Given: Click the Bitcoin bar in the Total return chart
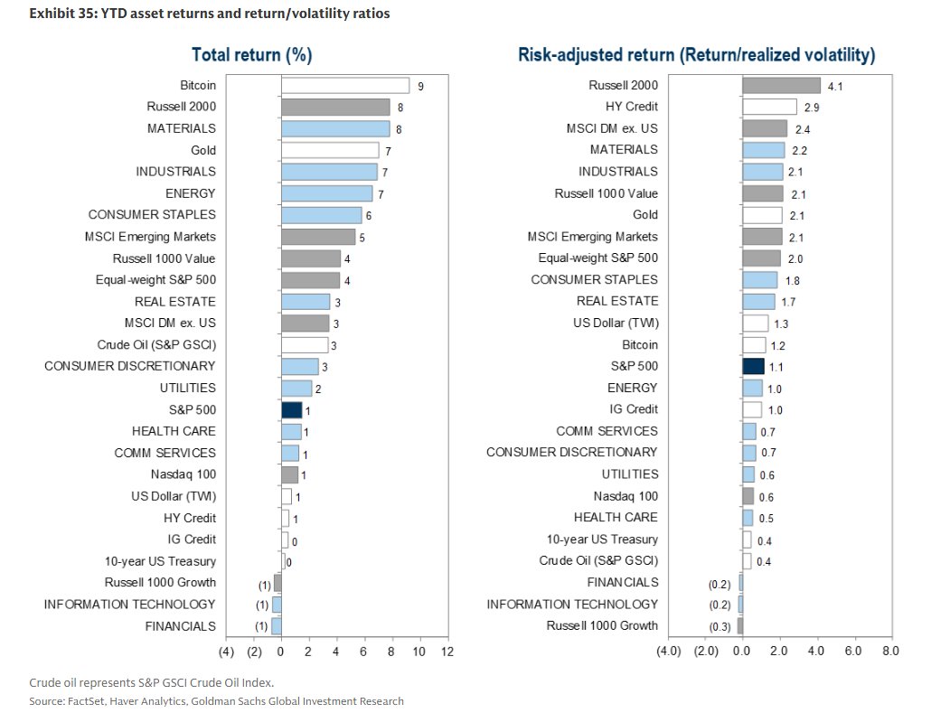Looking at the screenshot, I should (344, 86).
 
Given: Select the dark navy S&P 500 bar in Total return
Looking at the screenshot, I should (291, 409).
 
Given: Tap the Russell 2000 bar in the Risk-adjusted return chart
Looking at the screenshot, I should (780, 85).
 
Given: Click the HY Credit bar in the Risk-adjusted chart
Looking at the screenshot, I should (768, 107).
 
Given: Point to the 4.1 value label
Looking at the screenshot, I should (834, 87).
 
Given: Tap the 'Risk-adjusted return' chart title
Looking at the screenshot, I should (696, 55).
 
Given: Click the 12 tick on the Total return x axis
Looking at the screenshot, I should (447, 652).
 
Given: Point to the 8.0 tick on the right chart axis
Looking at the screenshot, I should (890, 652).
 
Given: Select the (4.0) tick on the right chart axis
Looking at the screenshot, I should (668, 652).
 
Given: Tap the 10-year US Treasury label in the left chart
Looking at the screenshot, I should (160, 561).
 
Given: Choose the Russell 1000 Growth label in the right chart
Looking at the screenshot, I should (602, 625).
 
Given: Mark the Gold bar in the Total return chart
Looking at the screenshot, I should (329, 150).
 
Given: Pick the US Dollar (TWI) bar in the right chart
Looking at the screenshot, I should (755, 323).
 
